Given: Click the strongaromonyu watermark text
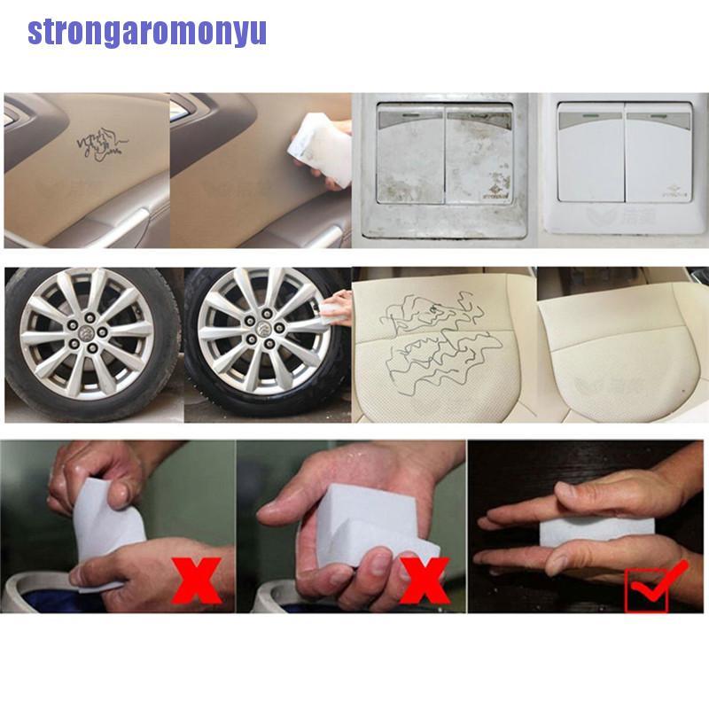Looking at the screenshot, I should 146,32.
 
